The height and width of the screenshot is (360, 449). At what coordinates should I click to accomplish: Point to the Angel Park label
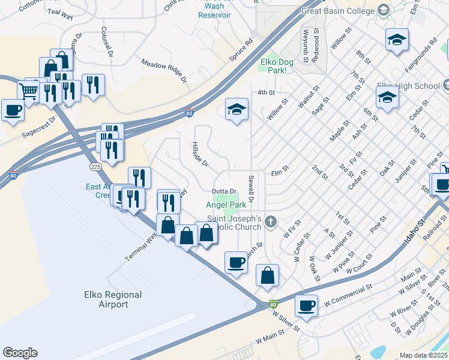[x=226, y=205]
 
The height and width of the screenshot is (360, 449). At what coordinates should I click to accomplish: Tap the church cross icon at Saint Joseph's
[x=271, y=223]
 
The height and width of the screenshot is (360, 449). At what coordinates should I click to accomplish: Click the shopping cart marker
[x=28, y=91]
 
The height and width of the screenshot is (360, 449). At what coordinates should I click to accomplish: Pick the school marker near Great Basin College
[x=397, y=40]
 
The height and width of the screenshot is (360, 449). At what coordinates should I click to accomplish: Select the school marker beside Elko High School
[x=387, y=97]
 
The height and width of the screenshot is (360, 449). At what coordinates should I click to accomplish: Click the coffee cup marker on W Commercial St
[x=307, y=305]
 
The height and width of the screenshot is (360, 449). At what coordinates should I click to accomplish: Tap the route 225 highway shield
[x=95, y=166]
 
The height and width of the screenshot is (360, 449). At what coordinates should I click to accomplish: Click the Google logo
[x=20, y=353]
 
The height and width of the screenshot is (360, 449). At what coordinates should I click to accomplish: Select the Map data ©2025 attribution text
[x=423, y=355]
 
